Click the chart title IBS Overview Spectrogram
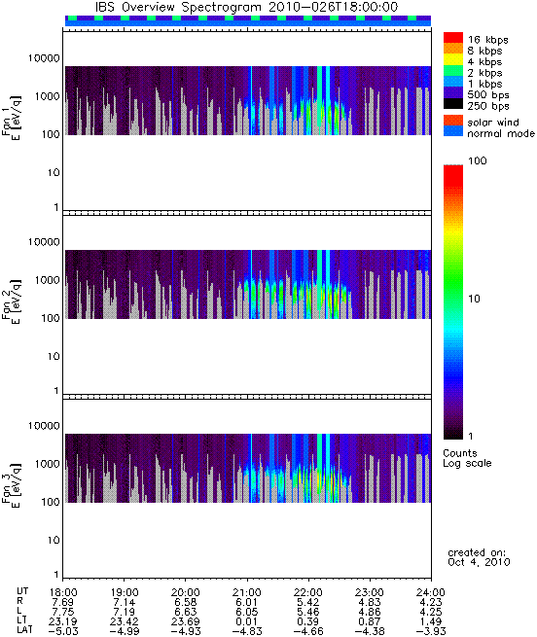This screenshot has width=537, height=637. [x=178, y=8]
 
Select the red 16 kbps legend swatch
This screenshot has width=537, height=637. [x=453, y=37]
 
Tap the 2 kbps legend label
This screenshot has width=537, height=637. [x=484, y=73]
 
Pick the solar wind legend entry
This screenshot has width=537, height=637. [x=489, y=123]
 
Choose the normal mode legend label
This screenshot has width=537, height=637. [x=501, y=133]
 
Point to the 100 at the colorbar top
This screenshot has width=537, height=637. [x=478, y=160]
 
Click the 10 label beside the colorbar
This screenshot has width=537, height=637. [x=474, y=299]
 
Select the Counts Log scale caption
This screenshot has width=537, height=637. [x=467, y=458]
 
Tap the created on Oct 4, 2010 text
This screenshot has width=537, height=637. [x=479, y=557]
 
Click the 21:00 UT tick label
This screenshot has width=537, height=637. [x=247, y=592]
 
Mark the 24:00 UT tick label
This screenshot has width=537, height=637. [x=431, y=592]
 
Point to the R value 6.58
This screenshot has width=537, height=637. [x=186, y=602]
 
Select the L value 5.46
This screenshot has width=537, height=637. [x=308, y=612]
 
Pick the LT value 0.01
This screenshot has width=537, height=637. [x=247, y=621]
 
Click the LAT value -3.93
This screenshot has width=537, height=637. [x=431, y=631]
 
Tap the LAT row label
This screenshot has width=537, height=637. [x=24, y=631]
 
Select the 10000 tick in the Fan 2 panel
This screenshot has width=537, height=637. [x=44, y=242]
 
